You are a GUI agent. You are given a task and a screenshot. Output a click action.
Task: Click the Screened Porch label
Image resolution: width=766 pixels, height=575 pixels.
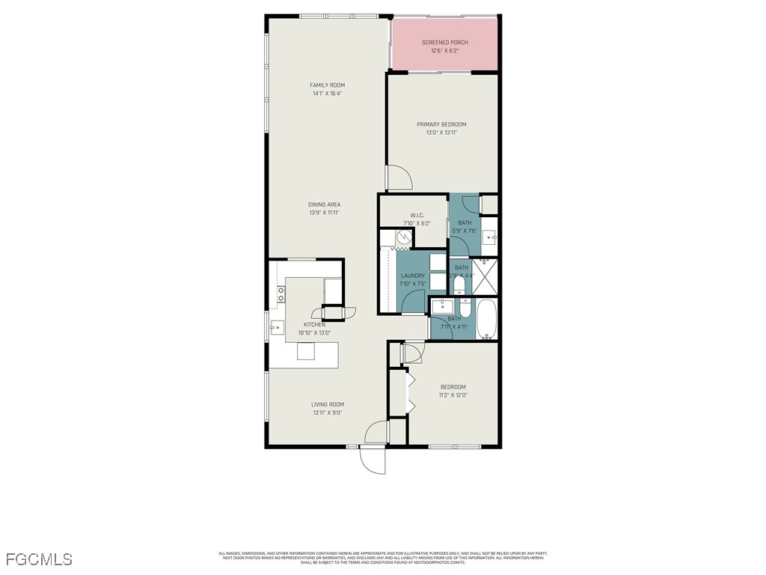pos(444,43)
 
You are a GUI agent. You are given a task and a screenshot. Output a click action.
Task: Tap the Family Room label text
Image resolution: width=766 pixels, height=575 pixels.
pos(327,85)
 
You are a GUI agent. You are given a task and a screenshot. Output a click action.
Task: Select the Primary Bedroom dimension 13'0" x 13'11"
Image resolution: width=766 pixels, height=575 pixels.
pos(441,133)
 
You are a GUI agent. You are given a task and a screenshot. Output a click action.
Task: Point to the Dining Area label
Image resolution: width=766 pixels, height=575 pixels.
pos(325,204)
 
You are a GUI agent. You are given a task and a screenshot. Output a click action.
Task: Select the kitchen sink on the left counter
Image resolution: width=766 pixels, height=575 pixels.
pos(276,326)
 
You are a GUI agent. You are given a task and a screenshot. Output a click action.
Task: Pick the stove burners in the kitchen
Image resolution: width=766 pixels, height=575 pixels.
pos(281,295)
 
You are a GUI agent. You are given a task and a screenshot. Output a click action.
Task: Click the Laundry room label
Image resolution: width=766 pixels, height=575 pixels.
pos(412,276)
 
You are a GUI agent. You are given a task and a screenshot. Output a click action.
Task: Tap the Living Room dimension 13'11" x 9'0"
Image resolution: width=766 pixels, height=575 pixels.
pos(328,413)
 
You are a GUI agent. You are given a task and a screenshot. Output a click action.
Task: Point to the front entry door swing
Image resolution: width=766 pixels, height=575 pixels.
pos(373,459)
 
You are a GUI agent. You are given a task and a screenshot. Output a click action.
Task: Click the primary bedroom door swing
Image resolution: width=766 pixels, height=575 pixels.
pos(399,177)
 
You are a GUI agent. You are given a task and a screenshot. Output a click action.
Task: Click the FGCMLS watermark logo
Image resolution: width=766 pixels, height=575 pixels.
pos(39,559)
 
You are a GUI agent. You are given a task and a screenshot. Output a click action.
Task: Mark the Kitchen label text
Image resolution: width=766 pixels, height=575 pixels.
pos(314,324)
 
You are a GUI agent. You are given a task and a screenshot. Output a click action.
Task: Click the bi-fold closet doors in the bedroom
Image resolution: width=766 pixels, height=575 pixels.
pos(410,392)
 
